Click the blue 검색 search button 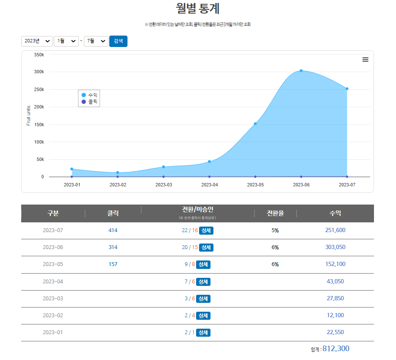[x=118, y=41]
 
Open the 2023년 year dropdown [x=37, y=41]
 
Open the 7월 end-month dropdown [x=96, y=41]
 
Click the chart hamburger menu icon [x=366, y=60]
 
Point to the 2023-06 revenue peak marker [x=301, y=71]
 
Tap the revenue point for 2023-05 [x=255, y=124]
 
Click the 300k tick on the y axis [x=39, y=72]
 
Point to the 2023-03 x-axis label [x=163, y=185]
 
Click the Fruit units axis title [x=29, y=116]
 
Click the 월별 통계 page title [x=198, y=8]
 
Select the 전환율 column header [x=275, y=213]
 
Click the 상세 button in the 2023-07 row [x=206, y=230]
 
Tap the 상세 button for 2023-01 [x=203, y=332]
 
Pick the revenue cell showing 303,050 [x=335, y=247]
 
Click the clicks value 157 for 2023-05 [x=113, y=264]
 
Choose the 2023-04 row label [x=53, y=281]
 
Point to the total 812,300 [x=336, y=349]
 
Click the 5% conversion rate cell [x=275, y=230]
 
